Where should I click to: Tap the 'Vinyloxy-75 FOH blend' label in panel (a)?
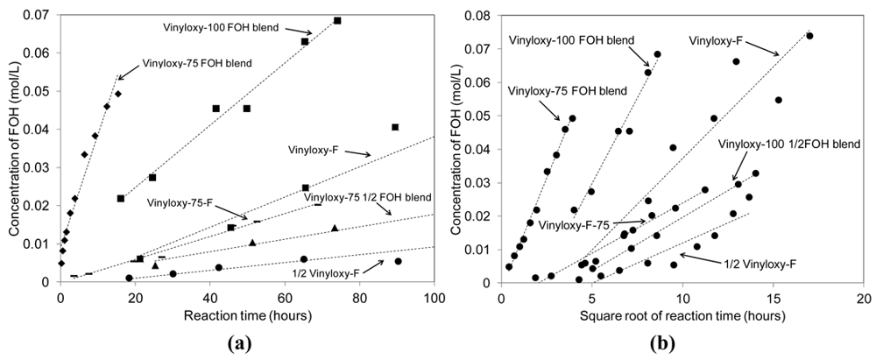tap(197, 63)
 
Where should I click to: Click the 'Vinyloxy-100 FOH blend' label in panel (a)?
tap(220, 27)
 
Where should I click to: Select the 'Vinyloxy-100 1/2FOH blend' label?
tap(789, 143)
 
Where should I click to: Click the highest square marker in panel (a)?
tap(337, 20)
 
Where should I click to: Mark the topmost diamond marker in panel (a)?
tap(118, 94)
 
